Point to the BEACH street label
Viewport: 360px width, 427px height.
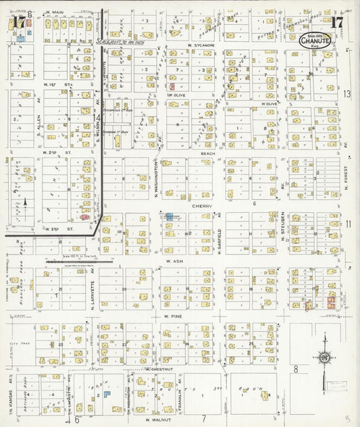(207, 153)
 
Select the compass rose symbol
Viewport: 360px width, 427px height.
(324, 357)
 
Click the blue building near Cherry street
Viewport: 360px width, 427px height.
(169, 217)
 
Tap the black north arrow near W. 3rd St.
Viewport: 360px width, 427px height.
(25, 201)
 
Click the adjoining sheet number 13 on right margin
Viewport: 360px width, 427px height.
(347, 95)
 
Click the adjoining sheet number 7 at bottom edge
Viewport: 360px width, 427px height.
(203, 419)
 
